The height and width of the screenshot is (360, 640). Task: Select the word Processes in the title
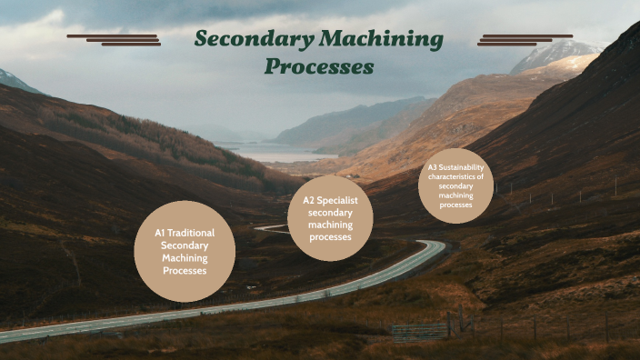coord(319,67)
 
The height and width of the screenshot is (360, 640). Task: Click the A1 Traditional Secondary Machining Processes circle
coord(185,251)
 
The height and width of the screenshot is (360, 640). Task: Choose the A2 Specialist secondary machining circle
coord(330,218)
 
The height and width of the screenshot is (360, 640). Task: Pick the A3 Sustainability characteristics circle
coord(455,185)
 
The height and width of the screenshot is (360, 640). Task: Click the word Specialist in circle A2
coord(338,200)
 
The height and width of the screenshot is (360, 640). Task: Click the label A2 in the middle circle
coord(309,200)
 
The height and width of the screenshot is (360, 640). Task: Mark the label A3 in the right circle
coord(433,168)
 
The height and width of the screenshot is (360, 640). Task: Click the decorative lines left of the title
coord(115,40)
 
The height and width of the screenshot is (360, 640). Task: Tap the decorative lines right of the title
coord(525,40)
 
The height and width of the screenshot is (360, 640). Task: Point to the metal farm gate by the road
coord(420,331)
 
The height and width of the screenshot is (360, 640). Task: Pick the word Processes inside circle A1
coord(185,270)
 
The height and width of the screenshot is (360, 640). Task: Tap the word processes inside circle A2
coord(330,237)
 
